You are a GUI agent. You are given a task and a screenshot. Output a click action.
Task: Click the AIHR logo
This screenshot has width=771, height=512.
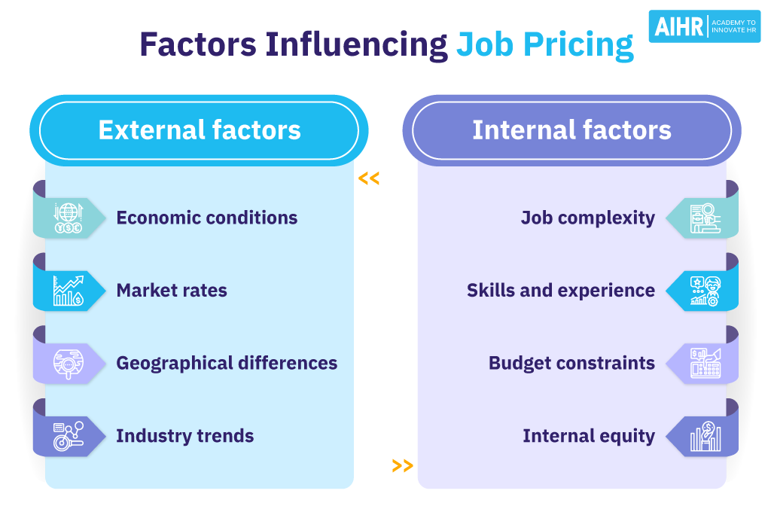click(x=704, y=26)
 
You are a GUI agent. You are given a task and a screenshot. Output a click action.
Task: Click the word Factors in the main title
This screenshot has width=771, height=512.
click(x=197, y=45)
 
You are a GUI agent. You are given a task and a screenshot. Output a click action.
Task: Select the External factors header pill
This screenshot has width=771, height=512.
click(x=199, y=130)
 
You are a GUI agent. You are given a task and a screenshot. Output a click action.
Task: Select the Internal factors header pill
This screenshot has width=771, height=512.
click(x=571, y=130)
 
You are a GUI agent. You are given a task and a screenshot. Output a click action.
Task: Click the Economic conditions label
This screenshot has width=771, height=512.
click(x=206, y=218)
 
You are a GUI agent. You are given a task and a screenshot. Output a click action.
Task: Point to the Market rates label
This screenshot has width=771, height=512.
click(x=171, y=291)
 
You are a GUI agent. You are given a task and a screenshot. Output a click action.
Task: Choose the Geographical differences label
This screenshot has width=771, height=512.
click(x=226, y=363)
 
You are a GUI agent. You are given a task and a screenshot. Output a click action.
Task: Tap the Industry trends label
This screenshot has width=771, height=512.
click(x=184, y=436)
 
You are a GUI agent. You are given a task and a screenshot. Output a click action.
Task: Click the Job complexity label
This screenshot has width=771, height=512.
click(x=587, y=218)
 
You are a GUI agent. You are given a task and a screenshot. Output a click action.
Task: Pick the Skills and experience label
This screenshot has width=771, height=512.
click(x=560, y=291)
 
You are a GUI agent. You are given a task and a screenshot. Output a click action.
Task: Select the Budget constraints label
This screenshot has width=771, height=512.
click(x=571, y=363)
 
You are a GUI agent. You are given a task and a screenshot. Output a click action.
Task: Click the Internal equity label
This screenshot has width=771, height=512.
click(x=588, y=436)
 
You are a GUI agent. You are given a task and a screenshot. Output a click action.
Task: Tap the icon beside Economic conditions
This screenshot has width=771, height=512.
click(x=68, y=218)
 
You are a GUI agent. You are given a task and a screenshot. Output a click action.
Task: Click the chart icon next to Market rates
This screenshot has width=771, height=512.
click(x=68, y=291)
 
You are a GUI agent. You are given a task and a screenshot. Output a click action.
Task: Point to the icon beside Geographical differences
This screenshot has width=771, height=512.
click(x=68, y=364)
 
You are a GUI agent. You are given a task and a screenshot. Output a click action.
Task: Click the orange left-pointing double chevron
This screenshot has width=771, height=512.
click(x=369, y=178)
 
